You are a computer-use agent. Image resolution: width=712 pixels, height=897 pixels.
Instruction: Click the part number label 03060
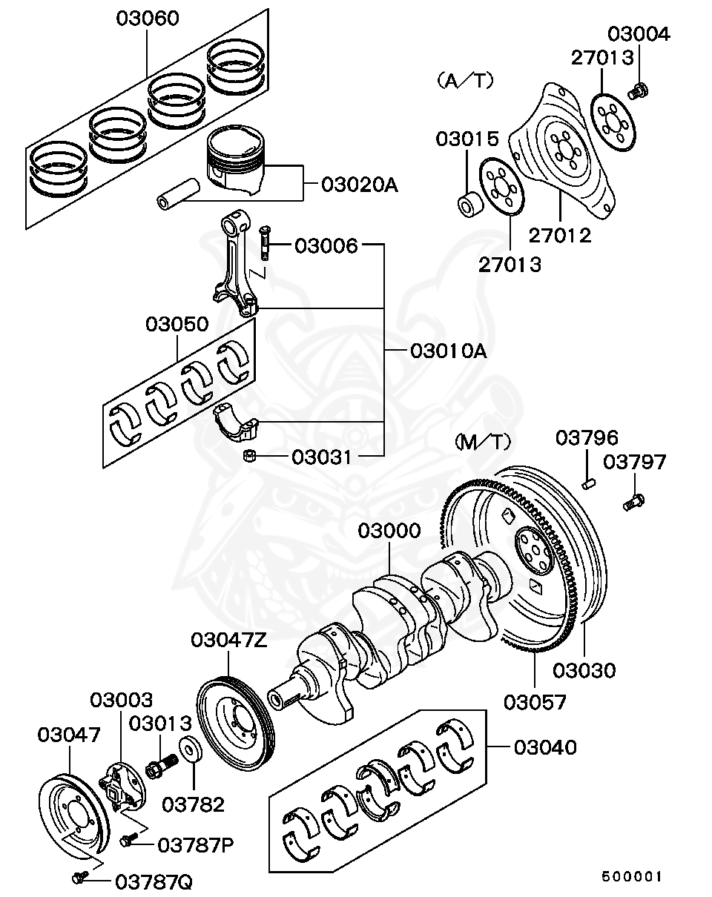point(147,19)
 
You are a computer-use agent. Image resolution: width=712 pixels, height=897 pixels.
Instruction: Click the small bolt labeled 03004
point(638,91)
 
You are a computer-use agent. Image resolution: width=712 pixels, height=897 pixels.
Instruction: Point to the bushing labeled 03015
point(468,202)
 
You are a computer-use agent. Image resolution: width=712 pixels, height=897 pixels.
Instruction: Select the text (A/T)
point(466,81)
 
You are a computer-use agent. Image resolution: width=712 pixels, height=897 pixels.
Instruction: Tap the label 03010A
point(448,351)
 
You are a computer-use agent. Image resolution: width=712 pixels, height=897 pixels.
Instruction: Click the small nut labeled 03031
point(251,456)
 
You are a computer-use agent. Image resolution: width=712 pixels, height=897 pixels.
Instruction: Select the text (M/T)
point(481,443)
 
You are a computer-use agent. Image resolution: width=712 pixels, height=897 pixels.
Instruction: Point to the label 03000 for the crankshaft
point(389,531)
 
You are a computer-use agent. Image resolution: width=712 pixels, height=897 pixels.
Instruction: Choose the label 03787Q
point(154,881)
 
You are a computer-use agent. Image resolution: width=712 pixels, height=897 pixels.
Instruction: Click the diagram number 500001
point(630,876)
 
